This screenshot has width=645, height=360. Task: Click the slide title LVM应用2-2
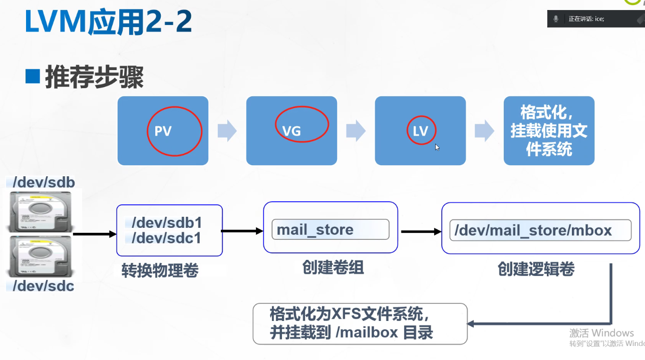[x=108, y=23]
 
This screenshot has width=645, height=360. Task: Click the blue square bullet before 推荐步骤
[x=33, y=77]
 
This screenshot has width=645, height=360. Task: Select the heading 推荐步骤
[x=95, y=77]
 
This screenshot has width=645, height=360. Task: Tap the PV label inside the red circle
[x=163, y=131]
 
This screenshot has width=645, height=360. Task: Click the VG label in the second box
[x=291, y=131]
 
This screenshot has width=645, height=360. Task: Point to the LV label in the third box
[x=420, y=131]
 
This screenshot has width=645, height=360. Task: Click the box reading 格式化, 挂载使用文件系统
[x=549, y=131]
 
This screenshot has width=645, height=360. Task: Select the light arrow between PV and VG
[x=227, y=131]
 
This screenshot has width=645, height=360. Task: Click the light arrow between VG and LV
[x=356, y=131]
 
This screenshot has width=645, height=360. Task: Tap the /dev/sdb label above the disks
[x=44, y=182]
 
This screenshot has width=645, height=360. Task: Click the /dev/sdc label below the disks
[x=44, y=286]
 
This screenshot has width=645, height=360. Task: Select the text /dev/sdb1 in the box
[x=166, y=222]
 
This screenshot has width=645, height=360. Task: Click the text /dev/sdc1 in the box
[x=166, y=238]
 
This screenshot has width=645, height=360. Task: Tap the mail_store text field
[x=330, y=230]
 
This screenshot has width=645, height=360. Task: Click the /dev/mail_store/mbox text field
[x=540, y=230]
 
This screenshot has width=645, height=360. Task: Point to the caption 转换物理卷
[x=160, y=271]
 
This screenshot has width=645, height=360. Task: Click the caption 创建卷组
[x=333, y=268]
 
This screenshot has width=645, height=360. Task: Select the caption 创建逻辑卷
[x=536, y=269]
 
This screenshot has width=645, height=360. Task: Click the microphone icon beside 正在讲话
[x=555, y=19]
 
